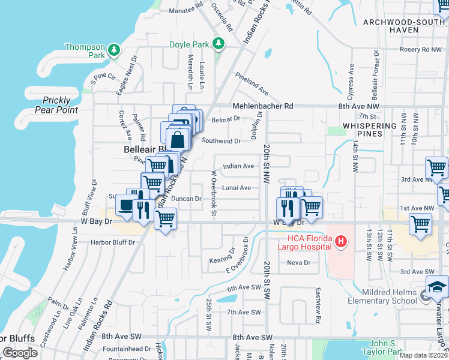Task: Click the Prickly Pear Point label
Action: click(x=56, y=105)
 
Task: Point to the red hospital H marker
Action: click(x=341, y=242)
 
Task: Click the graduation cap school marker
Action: click(x=437, y=288)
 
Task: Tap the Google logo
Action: click(x=20, y=352)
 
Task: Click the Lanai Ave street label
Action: click(x=237, y=188)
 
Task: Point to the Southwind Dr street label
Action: click(x=221, y=141)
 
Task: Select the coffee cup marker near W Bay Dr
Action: click(x=125, y=205)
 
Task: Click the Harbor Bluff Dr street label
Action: click(x=113, y=242)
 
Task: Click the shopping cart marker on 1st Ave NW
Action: click(x=421, y=224)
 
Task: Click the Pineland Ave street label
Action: click(x=252, y=83)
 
